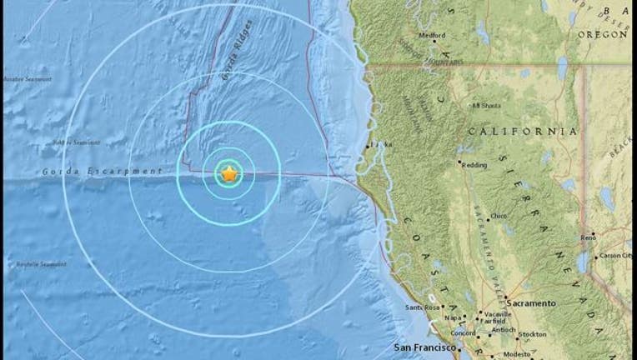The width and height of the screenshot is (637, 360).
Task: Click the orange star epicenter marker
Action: (x=229, y=174)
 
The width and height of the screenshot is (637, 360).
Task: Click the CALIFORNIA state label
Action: (x=522, y=132)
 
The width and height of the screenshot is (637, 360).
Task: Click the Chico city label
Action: (x=498, y=216)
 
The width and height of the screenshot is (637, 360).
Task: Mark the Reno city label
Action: (x=588, y=237)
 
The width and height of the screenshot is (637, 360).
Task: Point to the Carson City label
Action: (x=615, y=255)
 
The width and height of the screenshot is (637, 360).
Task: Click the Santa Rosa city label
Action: (x=420, y=307)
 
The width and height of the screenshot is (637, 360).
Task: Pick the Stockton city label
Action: (x=532, y=334)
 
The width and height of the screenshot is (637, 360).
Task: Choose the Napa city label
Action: (x=454, y=317)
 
